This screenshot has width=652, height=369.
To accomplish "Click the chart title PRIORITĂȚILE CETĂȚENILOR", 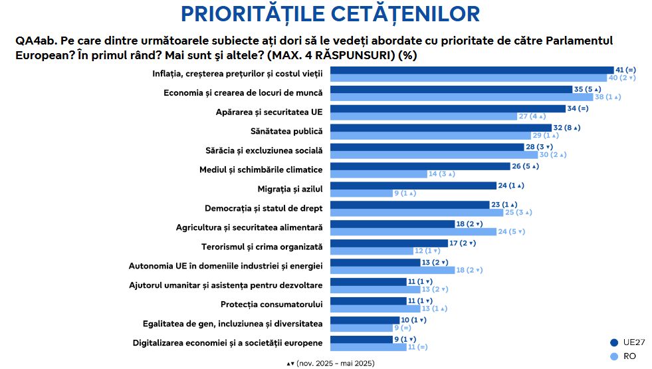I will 330,13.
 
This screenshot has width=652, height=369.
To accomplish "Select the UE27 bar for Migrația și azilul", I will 413,185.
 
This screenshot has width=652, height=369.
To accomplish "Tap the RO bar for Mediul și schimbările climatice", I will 378,174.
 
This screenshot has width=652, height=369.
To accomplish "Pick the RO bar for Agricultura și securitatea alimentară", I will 413,231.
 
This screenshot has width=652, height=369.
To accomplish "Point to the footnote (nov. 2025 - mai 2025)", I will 330,363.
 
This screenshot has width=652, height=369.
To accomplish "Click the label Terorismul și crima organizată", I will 262,247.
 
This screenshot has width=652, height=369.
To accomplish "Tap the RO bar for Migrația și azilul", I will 361,193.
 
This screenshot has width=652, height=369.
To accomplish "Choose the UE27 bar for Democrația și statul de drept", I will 409,205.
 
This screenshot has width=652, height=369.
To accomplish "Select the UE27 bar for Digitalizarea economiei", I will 361,339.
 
